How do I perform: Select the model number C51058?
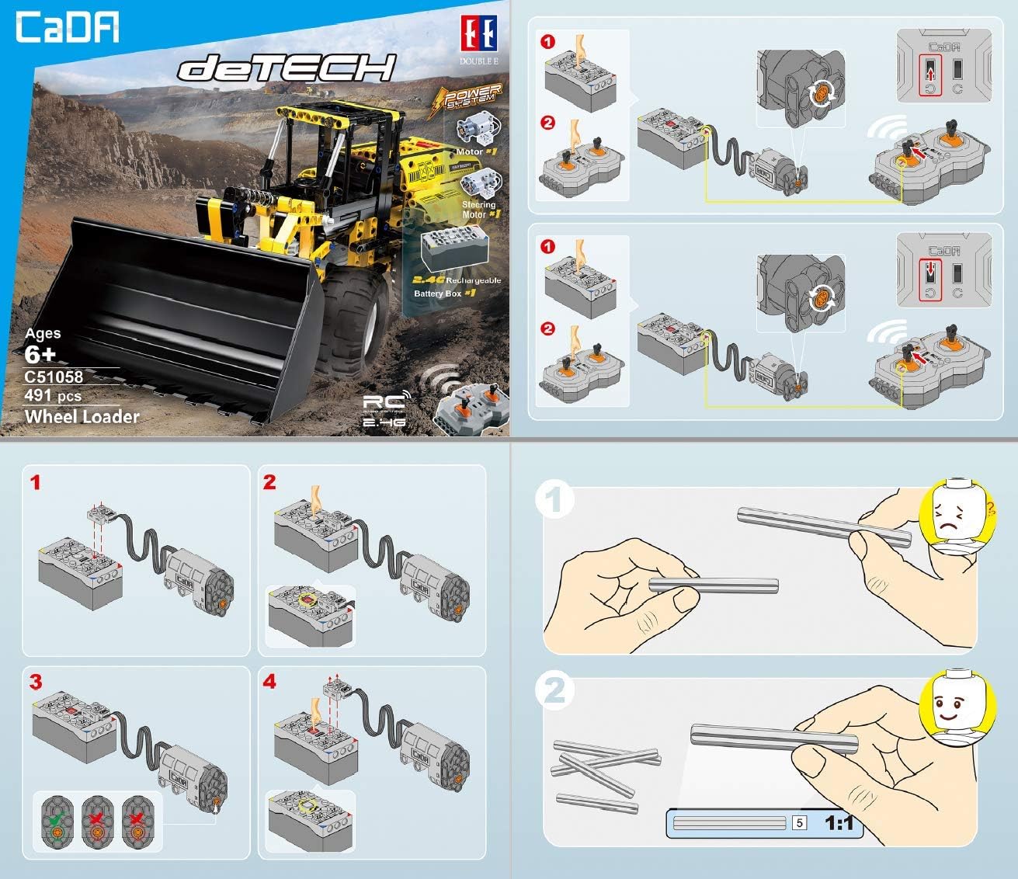tap(54, 377)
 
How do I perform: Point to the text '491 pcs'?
tap(53, 396)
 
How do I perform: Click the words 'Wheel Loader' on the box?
tap(82, 417)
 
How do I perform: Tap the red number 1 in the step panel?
tap(35, 483)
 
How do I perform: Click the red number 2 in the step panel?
tap(269, 483)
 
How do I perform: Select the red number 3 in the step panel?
tap(36, 683)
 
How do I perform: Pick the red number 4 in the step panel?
tap(269, 683)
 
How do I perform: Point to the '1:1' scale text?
tap(839, 823)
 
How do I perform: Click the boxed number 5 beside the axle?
tap(799, 823)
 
